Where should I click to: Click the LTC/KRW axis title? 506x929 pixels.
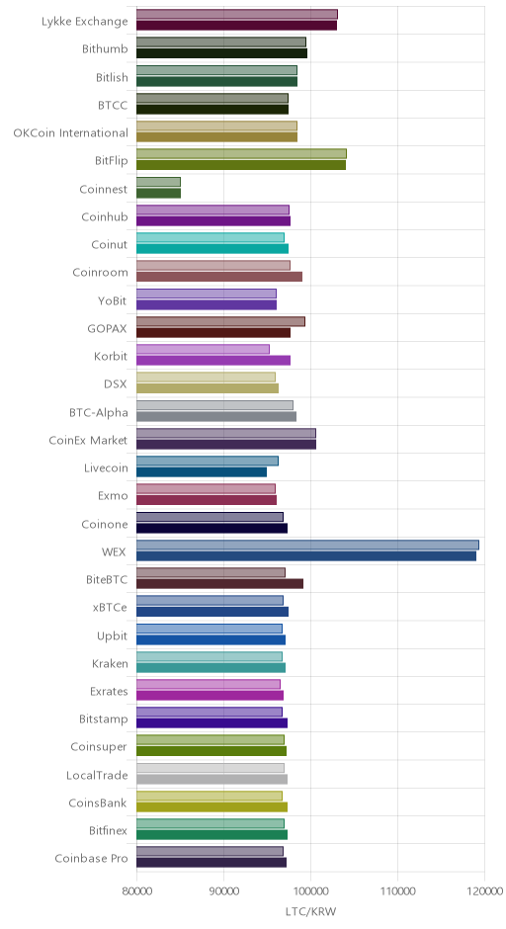pyautogui.click(x=310, y=911)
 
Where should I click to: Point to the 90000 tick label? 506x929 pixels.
pyautogui.click(x=224, y=891)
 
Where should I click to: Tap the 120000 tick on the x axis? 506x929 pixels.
pyautogui.click(x=484, y=891)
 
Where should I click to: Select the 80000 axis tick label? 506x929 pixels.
pyautogui.click(x=136, y=891)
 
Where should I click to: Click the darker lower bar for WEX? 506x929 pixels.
pyautogui.click(x=306, y=556)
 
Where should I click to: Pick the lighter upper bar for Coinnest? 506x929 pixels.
pyautogui.click(x=159, y=182)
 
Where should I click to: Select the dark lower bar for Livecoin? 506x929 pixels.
pyautogui.click(x=202, y=472)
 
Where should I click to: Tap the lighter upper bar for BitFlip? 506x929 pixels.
pyautogui.click(x=242, y=154)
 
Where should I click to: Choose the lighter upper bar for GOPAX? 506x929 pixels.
pyautogui.click(x=221, y=321)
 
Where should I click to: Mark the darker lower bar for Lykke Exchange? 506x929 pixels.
pyautogui.click(x=237, y=26)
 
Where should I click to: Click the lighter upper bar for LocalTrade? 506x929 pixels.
pyautogui.click(x=211, y=768)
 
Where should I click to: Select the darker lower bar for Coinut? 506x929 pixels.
pyautogui.click(x=212, y=249)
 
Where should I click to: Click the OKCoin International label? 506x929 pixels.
pyautogui.click(x=70, y=132)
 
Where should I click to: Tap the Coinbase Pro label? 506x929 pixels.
pyautogui.click(x=91, y=859)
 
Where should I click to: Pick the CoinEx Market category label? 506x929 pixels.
pyautogui.click(x=88, y=440)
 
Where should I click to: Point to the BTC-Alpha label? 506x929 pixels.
pyautogui.click(x=99, y=412)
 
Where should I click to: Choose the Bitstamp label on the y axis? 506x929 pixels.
pyautogui.click(x=104, y=719)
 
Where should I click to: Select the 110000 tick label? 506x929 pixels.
pyautogui.click(x=397, y=891)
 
